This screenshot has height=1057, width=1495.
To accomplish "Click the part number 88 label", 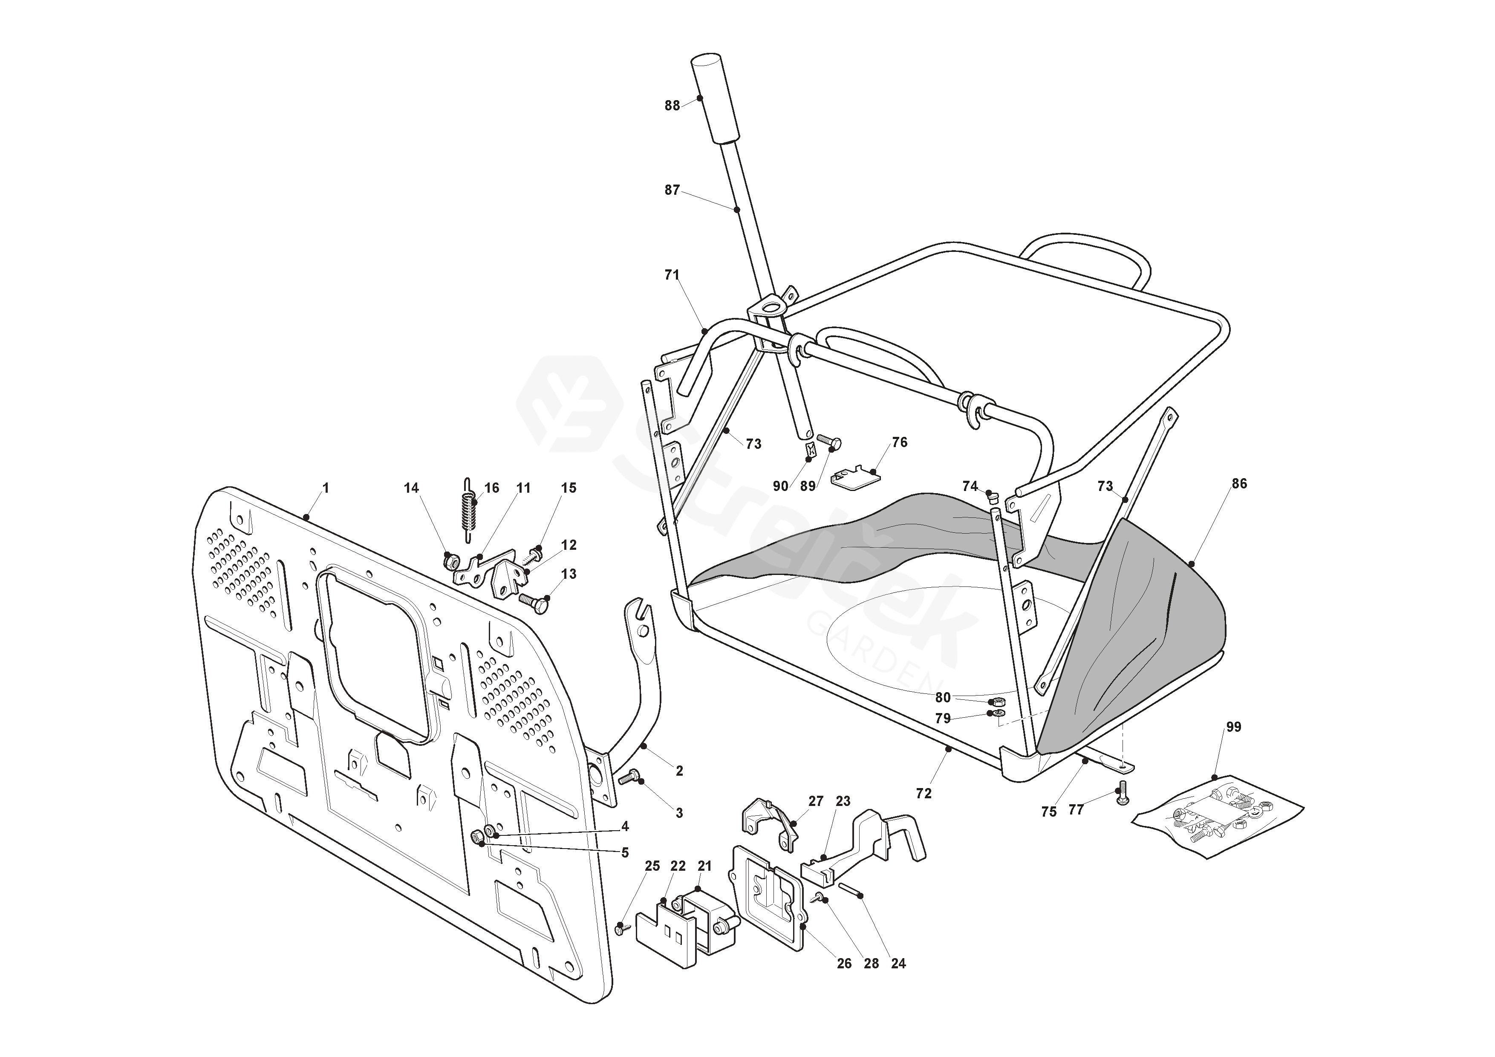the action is click(x=672, y=106).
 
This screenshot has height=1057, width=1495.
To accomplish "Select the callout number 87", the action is click(x=672, y=190).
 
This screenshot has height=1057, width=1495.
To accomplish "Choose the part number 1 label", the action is click(x=326, y=488).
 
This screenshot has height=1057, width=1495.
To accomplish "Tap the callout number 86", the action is click(x=1239, y=484).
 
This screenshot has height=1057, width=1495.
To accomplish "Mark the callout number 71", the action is click(x=672, y=275).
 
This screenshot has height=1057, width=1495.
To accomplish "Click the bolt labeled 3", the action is click(x=628, y=777).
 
